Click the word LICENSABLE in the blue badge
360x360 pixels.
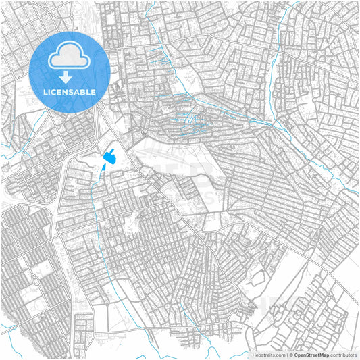coord(70,91)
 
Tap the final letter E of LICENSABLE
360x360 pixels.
coord(93,91)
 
